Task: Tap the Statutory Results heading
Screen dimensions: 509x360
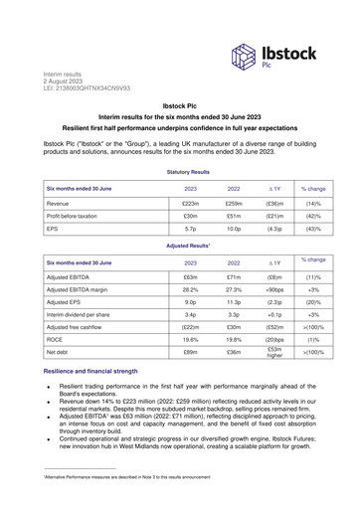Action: (x=180, y=171)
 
